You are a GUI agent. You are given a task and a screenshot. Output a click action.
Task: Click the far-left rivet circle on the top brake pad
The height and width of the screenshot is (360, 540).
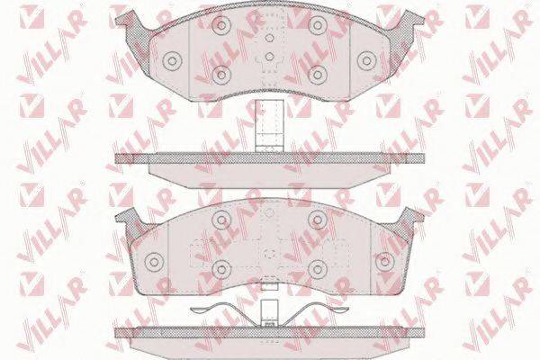coord(172,61)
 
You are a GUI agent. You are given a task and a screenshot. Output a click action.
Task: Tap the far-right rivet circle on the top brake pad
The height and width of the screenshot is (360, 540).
coord(367,61)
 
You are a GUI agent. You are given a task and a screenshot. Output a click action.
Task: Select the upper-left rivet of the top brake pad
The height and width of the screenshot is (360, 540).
coord(221,25)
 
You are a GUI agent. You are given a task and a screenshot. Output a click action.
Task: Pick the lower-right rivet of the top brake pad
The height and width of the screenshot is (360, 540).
coord(318,75)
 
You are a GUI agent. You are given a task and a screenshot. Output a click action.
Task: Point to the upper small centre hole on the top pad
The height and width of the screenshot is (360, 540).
coord(270,38)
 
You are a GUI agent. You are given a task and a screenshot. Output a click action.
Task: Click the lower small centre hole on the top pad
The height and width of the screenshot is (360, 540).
coord(270,56)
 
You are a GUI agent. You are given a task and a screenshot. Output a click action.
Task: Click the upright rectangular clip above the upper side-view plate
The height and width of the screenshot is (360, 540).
coord(270,126)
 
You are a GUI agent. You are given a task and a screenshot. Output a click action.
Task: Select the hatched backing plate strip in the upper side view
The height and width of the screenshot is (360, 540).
coord(269,158)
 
